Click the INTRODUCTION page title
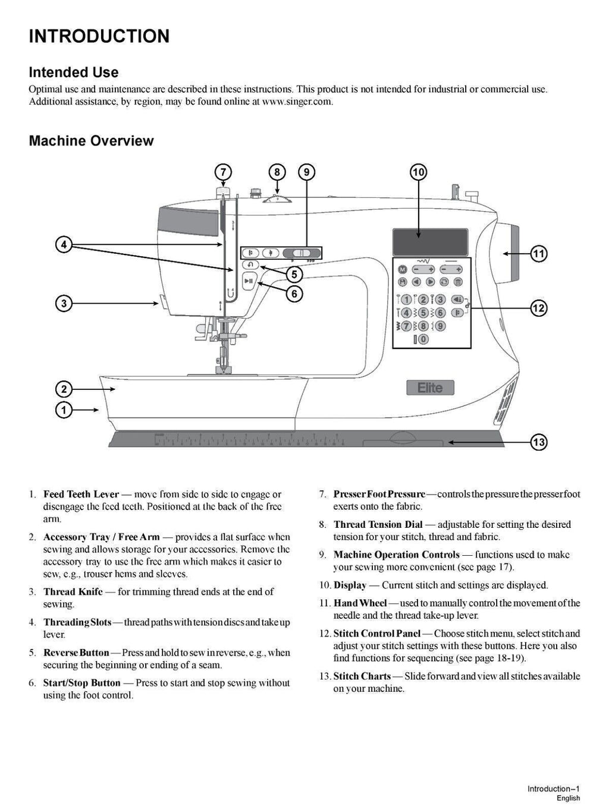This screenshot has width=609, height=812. click(99, 36)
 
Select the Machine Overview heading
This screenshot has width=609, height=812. click(91, 141)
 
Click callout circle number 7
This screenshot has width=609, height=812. click(222, 172)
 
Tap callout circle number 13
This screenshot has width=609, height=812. click(538, 442)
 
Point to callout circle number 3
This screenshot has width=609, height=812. click(64, 303)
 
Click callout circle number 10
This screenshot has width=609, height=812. click(418, 172)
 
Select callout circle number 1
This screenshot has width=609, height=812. click(64, 410)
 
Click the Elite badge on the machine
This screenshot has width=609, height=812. click(430, 388)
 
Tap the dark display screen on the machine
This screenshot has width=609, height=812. click(429, 242)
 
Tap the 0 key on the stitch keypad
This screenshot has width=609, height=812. click(422, 339)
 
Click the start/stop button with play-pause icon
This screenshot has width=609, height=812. click(249, 282)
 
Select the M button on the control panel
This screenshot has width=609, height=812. click(402, 269)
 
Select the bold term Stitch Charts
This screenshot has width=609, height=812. click(362, 676)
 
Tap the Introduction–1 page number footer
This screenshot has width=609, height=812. click(553, 789)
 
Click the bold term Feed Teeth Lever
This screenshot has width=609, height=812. click(81, 495)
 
